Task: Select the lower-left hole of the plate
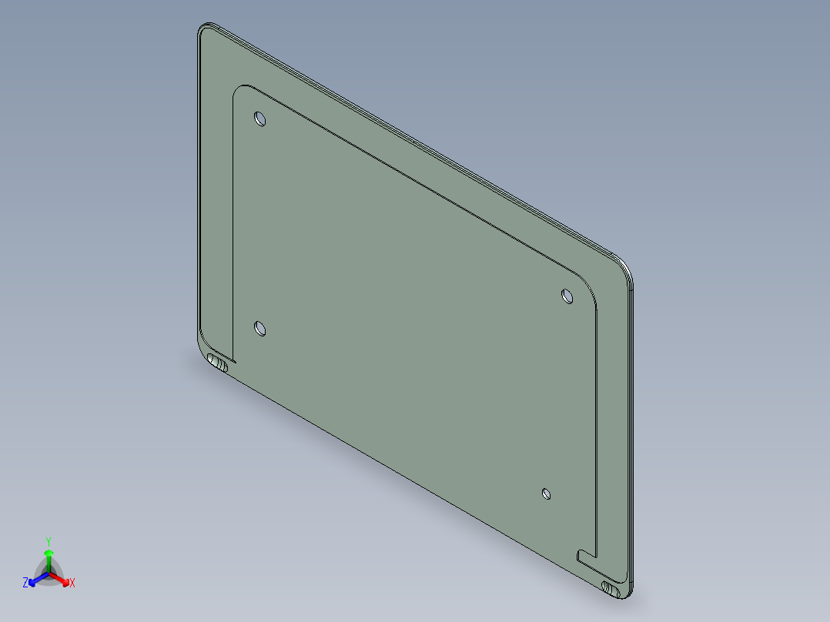click(260, 329)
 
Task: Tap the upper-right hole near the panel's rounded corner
click(567, 295)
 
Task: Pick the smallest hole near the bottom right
click(546, 493)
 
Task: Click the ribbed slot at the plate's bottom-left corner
click(218, 363)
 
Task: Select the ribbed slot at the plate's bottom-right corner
click(611, 589)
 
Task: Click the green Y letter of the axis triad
click(49, 540)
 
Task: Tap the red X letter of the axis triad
click(72, 584)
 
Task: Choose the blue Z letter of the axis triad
click(25, 584)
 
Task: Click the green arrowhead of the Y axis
click(49, 553)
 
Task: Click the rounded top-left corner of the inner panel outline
click(239, 91)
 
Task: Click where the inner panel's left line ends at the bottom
click(233, 359)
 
